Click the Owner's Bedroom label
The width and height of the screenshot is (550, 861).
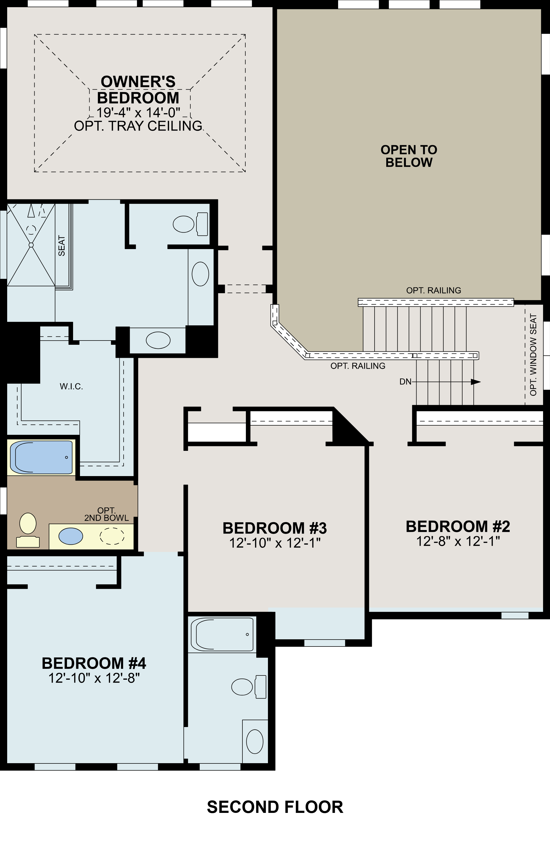tap(138, 89)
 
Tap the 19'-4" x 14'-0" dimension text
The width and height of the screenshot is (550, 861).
tap(138, 113)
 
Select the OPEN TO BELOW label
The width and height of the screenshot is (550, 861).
tap(409, 156)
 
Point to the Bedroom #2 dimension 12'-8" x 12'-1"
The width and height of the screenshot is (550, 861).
tap(458, 541)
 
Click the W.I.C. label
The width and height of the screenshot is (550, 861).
tap(71, 386)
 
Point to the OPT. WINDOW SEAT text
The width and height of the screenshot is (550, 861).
tap(533, 355)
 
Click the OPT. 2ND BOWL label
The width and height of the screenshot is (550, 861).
tap(107, 514)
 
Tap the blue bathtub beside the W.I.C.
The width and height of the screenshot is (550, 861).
tap(41, 457)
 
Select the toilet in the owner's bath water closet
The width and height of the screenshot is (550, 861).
tap(190, 224)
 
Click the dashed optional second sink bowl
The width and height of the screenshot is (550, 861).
tap(112, 536)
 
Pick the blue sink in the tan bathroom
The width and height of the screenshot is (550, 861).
tap(70, 536)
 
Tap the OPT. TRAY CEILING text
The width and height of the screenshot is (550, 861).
tap(138, 126)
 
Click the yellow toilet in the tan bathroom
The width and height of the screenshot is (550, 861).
tap(28, 529)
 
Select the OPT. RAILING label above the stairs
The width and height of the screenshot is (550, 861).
tap(433, 290)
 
